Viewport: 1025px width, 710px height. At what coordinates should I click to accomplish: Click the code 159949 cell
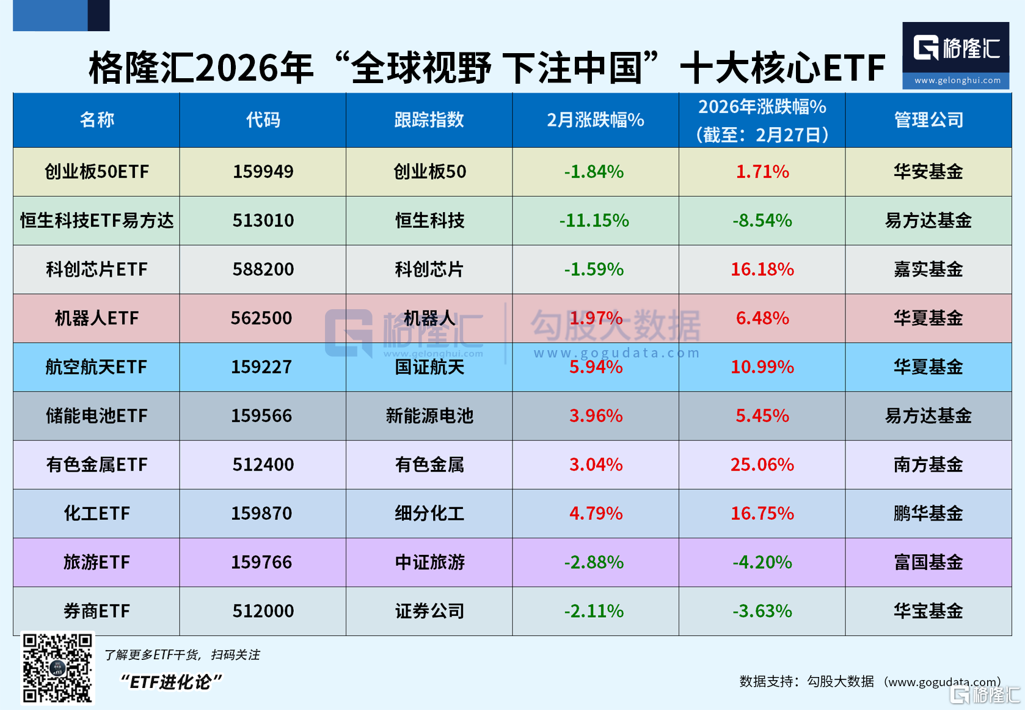coord(263,172)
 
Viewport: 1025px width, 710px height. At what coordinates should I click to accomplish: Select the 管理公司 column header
coord(928,120)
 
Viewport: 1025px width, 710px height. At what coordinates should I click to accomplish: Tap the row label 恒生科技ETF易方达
coord(97,221)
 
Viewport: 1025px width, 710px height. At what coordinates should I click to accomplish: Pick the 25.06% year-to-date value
coord(762,465)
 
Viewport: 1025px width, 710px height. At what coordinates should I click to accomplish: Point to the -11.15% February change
coord(594,221)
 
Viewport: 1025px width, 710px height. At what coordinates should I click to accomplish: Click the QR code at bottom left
coord(57,668)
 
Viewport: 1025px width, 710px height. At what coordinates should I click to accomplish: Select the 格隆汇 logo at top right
coord(955,55)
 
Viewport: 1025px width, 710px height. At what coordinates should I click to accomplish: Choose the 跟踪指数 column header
coord(429,120)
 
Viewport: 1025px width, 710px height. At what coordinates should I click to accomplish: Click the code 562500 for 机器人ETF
coord(261,318)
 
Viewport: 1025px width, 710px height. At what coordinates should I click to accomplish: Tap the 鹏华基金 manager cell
coord(928,514)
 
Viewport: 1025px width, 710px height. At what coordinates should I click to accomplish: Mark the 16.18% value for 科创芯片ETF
coord(762,269)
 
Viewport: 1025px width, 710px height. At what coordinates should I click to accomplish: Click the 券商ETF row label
coord(97,612)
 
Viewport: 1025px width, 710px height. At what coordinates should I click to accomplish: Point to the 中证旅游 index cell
coord(429,563)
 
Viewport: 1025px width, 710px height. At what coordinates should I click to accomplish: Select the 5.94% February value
coord(596,367)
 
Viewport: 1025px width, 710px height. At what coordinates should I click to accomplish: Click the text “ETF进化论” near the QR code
coord(171,682)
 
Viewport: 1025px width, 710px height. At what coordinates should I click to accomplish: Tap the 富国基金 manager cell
coord(928,563)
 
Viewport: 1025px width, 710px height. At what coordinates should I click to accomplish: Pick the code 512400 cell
coord(263,465)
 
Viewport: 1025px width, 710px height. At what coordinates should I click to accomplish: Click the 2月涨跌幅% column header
coord(595,120)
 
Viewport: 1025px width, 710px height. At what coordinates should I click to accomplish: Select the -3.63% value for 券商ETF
coord(762,612)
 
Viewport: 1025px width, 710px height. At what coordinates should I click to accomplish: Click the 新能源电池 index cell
coord(429,416)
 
